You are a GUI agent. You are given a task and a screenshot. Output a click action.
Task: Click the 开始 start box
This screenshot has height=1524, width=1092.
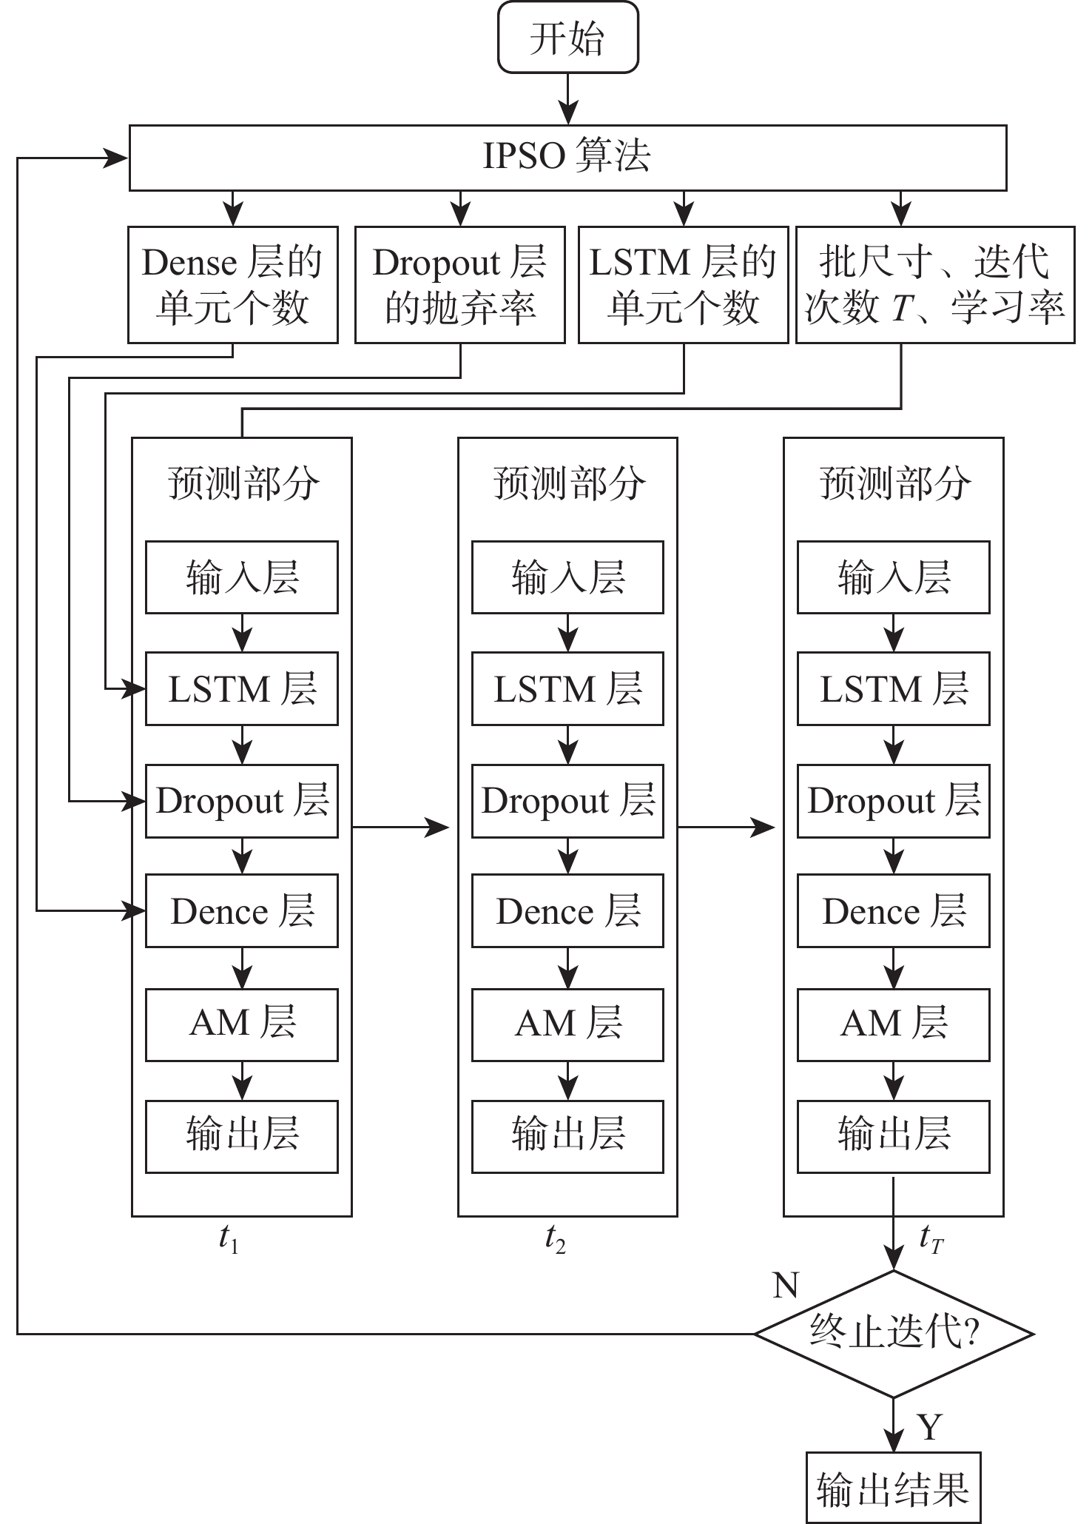pos(567,38)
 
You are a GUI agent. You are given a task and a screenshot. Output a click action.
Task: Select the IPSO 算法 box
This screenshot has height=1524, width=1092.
pos(567,157)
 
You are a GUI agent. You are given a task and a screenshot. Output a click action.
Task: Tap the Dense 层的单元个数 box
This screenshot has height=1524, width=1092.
pos(232,285)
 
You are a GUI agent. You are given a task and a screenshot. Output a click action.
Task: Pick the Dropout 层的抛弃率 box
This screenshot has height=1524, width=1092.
pos(459,285)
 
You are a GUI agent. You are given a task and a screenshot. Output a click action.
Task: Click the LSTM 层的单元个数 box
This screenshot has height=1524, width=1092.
pos(683,285)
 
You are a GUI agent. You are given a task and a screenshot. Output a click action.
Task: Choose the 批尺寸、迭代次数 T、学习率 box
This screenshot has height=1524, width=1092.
pos(934,285)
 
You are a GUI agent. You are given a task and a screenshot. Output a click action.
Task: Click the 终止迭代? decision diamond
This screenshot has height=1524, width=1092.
pos(894,1334)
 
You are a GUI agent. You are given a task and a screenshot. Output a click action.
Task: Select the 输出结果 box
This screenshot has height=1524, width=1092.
pos(893,1488)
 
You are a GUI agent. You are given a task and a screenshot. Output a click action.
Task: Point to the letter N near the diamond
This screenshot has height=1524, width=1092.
pos(786,1286)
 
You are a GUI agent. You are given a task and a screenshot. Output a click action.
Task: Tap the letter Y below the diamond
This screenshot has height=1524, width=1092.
pos(929,1426)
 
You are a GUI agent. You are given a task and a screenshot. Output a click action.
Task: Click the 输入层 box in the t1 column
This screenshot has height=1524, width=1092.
pos(242,577)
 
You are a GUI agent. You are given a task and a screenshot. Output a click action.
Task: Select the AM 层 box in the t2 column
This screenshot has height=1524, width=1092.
pos(567,1024)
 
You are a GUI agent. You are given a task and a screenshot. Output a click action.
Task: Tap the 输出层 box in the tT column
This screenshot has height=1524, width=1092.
pos(893,1136)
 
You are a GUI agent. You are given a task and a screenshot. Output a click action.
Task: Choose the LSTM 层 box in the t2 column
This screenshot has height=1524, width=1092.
pos(567,688)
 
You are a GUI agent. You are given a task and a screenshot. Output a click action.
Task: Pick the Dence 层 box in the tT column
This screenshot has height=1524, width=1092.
pos(893,910)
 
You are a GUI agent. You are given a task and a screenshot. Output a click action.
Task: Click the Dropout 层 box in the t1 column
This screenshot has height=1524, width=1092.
pos(242,801)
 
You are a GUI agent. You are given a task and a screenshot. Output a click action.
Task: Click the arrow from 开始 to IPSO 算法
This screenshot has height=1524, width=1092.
pos(567,98)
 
